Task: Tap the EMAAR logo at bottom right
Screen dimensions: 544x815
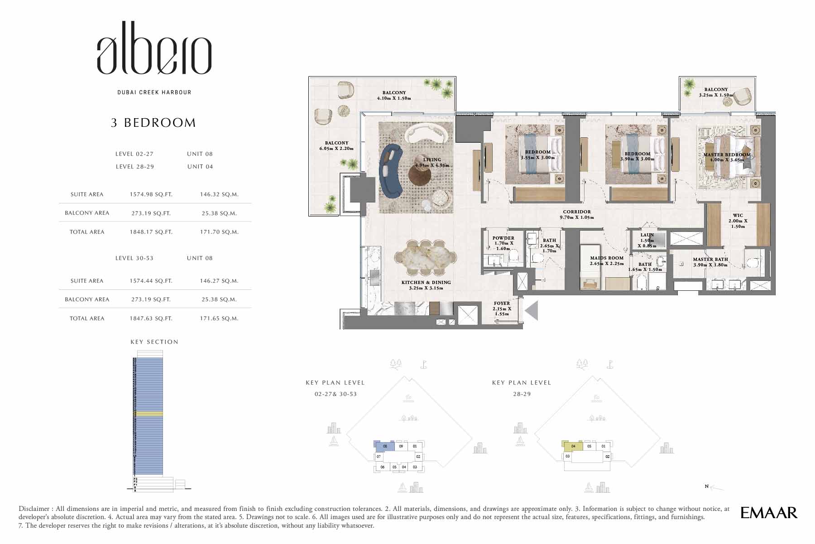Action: point(768,513)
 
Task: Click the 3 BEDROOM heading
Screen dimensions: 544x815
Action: point(153,123)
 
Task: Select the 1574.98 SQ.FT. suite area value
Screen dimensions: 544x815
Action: point(151,194)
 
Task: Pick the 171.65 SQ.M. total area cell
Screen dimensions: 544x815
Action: point(219,318)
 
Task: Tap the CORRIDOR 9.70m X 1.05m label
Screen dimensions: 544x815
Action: point(576,214)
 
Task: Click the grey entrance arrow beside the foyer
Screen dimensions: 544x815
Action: point(531,311)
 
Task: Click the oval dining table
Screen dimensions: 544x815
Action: point(425,258)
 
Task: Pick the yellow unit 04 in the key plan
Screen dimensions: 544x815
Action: point(572,446)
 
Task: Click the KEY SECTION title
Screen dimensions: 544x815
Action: point(154,342)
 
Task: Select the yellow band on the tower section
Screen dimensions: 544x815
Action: point(148,414)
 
